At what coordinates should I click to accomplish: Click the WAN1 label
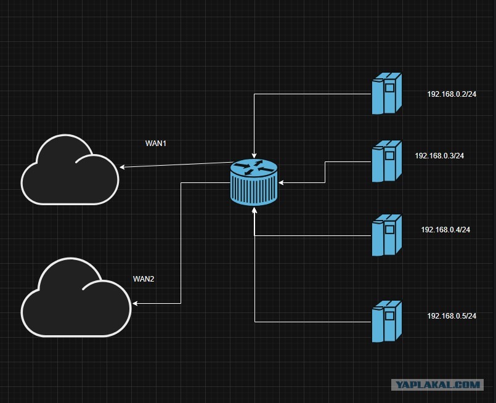tap(156, 144)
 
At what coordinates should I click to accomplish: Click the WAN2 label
tap(144, 279)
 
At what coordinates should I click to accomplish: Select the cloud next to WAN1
tap(70, 170)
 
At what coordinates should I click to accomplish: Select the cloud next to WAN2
tap(76, 298)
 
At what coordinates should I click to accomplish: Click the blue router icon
tap(254, 182)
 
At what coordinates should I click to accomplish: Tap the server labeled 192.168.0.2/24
tap(386, 93)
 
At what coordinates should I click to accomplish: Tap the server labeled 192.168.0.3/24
tap(386, 161)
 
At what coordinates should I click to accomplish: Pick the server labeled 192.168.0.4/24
tap(386, 235)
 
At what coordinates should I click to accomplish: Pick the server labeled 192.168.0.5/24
tap(386, 322)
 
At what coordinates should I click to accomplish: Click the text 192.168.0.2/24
tap(452, 94)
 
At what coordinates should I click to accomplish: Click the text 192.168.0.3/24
tap(439, 156)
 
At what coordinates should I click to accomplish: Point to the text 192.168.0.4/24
tap(445, 230)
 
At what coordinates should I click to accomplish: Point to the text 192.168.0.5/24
tap(452, 315)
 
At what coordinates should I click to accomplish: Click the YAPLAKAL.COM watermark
tap(437, 385)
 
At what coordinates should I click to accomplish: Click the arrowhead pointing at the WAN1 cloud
tap(122, 167)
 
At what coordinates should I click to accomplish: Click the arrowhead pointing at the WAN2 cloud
tap(135, 303)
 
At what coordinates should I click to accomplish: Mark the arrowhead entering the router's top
tap(254, 156)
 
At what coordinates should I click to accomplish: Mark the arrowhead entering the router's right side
tap(280, 182)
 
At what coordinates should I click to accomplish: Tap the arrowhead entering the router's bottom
tap(254, 210)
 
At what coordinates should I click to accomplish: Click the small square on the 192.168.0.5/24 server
tap(389, 315)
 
